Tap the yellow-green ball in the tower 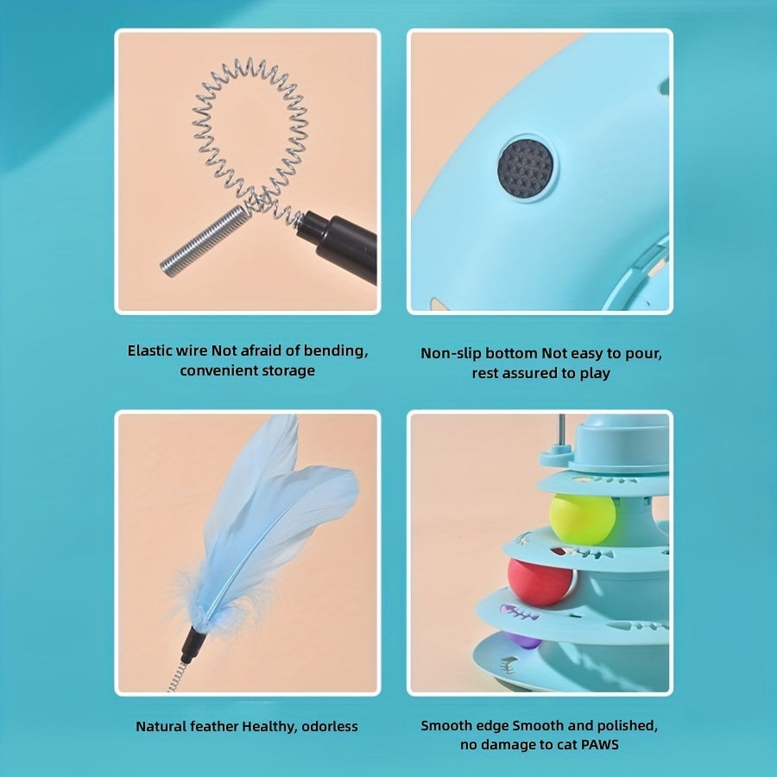[x=583, y=518]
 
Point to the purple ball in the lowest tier [x=524, y=641]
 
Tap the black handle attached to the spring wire [x=338, y=246]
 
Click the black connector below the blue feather [x=193, y=644]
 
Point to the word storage [x=290, y=371]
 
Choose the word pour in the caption [x=645, y=354]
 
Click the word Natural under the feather [x=161, y=726]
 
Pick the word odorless [x=330, y=726]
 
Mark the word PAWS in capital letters [x=600, y=745]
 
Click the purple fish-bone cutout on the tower [x=519, y=612]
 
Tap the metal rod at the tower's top [x=561, y=430]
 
